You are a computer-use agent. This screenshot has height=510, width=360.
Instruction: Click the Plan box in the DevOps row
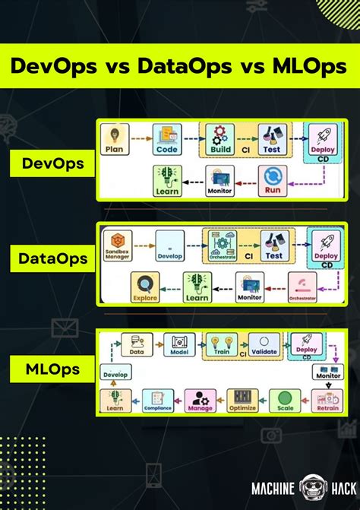tap(114, 138)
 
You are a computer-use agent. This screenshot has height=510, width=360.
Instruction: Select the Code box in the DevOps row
tap(166, 139)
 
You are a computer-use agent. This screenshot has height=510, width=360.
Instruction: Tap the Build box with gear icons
tap(219, 139)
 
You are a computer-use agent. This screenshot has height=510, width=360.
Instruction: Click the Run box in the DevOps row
tap(272, 180)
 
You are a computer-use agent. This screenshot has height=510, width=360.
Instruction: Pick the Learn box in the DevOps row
tap(167, 181)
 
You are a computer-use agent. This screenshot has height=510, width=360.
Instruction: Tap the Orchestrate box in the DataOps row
tap(223, 245)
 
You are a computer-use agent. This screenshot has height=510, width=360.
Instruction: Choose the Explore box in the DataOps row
tap(144, 287)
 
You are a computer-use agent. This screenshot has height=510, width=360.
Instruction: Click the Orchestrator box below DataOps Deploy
tap(302, 287)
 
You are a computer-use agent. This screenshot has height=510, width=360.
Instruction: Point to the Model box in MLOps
tap(179, 345)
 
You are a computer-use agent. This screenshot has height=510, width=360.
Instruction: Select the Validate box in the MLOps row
tap(264, 345)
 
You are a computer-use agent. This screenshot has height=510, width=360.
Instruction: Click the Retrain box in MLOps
tap(327, 400)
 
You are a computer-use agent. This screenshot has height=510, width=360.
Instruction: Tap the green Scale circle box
tap(285, 401)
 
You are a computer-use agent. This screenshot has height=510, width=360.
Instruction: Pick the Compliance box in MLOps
tap(158, 401)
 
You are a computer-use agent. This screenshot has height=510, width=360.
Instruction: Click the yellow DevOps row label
tap(53, 163)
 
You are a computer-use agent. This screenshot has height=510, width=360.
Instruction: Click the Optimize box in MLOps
tap(242, 401)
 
